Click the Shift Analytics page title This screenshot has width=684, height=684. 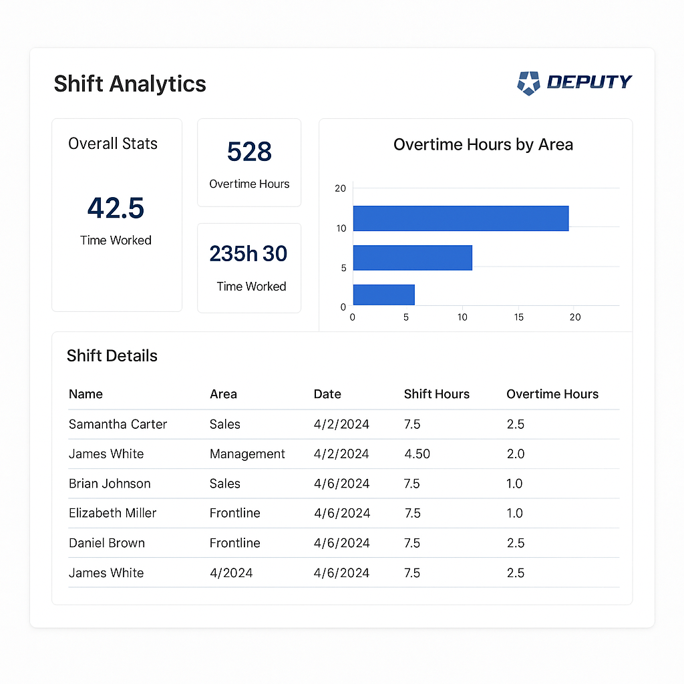130,84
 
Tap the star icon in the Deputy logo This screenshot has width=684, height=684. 528,83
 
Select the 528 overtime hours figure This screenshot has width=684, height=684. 249,152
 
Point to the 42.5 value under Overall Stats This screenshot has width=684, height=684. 116,208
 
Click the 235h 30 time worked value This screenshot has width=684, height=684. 248,254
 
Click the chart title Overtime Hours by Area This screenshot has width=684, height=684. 483,145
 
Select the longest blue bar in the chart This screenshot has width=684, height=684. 460,218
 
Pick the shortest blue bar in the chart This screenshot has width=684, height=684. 383,295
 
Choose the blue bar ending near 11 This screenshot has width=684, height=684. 412,257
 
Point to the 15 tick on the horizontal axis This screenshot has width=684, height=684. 518,317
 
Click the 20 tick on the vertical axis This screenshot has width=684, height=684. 341,188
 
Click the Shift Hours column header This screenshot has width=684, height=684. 436,394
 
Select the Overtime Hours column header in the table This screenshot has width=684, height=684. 552,394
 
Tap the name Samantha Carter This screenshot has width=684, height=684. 118,424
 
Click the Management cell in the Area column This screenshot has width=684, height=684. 247,454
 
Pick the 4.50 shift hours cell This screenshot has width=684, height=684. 417,454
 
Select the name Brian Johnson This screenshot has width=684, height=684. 110,484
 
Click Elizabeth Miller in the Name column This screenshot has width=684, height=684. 112,513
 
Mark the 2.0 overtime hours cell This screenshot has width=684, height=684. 515,454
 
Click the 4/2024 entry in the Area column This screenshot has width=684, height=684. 231,572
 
